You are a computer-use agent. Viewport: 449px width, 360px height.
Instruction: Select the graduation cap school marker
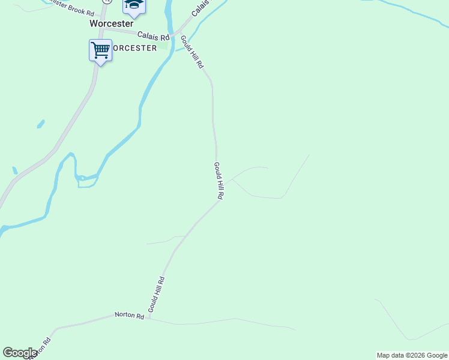coord(134,5)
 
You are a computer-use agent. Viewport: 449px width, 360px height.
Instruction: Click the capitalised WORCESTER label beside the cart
coord(134,48)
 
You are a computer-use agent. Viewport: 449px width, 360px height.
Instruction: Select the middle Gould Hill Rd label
coord(219,181)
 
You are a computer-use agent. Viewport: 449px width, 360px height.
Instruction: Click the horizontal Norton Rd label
coord(130,316)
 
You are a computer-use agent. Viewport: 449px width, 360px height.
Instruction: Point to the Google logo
coord(20,353)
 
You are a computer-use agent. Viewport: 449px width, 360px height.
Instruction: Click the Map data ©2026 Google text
coord(412,355)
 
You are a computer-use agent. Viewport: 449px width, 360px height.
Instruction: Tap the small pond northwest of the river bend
coord(41,124)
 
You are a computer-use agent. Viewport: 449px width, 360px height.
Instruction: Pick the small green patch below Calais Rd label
coord(163,46)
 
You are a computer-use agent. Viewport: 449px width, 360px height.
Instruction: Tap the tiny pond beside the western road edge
coord(14,170)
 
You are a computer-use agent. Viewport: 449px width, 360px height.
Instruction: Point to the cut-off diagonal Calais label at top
coord(202,8)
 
